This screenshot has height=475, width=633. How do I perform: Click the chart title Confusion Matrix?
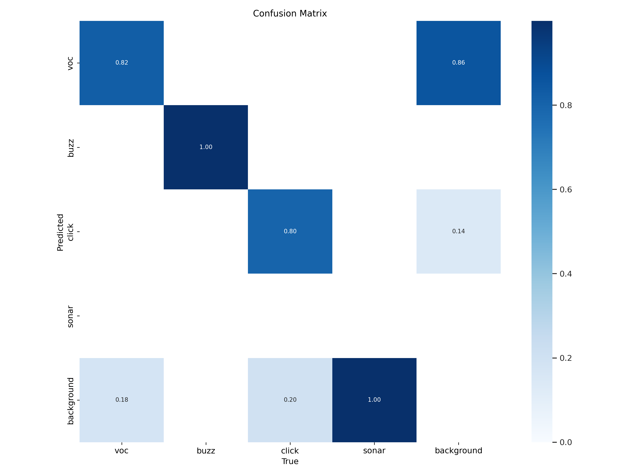pyautogui.click(x=290, y=14)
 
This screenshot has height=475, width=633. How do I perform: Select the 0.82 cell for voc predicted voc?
pyautogui.click(x=122, y=63)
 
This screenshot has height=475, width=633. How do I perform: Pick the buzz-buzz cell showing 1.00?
pyautogui.click(x=206, y=147)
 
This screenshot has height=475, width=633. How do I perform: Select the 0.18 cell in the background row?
pyautogui.click(x=122, y=400)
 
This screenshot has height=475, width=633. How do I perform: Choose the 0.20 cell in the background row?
pyautogui.click(x=290, y=400)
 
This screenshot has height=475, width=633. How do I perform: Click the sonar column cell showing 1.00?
pyautogui.click(x=374, y=400)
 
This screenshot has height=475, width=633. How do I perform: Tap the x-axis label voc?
pyautogui.click(x=122, y=451)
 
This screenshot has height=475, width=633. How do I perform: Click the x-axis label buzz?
pyautogui.click(x=206, y=451)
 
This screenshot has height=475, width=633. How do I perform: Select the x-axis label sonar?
pyautogui.click(x=374, y=451)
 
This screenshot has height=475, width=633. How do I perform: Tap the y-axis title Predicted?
pyautogui.click(x=60, y=232)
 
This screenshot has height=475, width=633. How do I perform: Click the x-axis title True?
pyautogui.click(x=290, y=461)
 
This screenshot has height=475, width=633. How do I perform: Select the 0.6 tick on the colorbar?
pyautogui.click(x=565, y=190)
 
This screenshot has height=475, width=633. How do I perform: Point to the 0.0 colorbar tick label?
pyautogui.click(x=565, y=442)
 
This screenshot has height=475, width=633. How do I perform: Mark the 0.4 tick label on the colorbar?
pyautogui.click(x=565, y=274)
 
